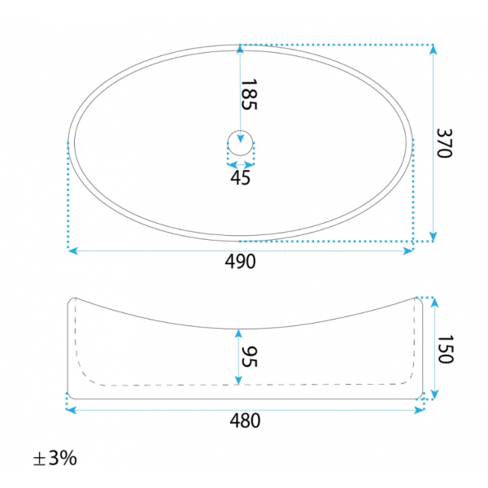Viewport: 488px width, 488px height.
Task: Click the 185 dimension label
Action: (250, 94)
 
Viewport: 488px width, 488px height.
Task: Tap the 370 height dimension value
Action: (444, 143)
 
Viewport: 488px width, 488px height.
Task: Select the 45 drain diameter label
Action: (240, 177)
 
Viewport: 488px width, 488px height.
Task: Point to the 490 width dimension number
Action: (240, 261)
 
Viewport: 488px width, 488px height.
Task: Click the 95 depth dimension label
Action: (250, 357)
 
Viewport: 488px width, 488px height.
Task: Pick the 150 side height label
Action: (446, 349)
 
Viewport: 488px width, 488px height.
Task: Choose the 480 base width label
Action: (245, 420)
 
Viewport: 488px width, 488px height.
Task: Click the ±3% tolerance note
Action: (54, 458)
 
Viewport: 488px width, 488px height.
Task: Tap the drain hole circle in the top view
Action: (240, 131)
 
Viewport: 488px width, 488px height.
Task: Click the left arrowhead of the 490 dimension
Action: (73, 251)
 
